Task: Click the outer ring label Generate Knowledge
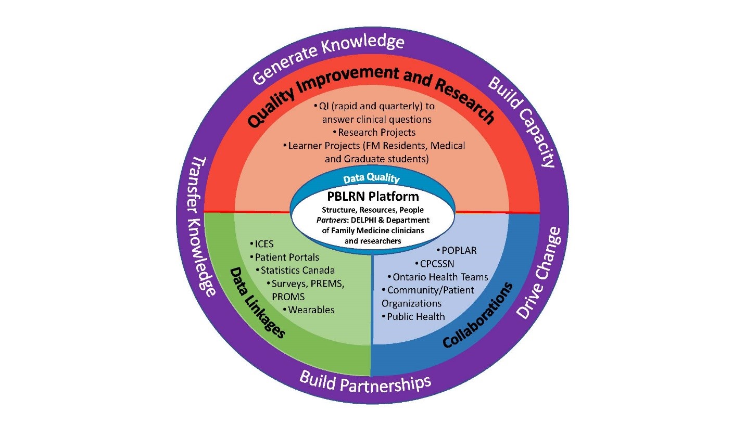(329, 58)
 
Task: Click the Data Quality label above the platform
(371, 179)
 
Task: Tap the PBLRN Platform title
(373, 197)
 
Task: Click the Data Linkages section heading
(258, 302)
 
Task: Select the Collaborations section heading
(478, 315)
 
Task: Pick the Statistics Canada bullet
(297, 270)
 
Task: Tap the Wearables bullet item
(311, 310)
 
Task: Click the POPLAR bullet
(459, 250)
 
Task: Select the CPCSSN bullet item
(437, 263)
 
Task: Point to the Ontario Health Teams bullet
(440, 277)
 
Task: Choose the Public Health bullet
(415, 316)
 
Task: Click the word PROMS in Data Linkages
(288, 297)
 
